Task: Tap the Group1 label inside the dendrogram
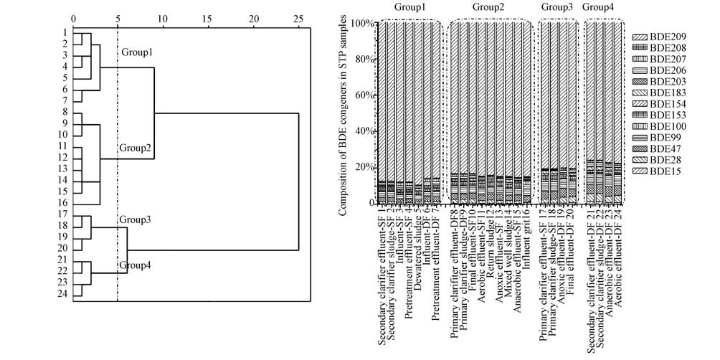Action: (136, 53)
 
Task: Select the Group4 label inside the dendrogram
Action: (134, 265)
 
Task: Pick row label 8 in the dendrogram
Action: (65, 111)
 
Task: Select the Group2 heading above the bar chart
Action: (489, 7)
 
